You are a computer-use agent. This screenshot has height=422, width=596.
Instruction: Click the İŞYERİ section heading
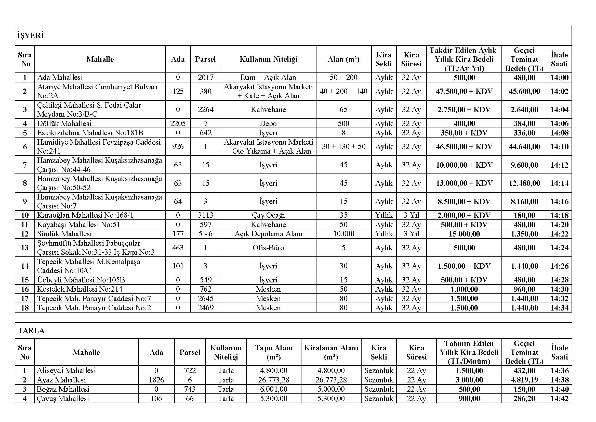pos(30,35)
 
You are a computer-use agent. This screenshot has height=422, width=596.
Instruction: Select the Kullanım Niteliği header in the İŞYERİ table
pos(268,59)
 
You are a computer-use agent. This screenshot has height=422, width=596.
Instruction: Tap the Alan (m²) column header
pos(343,59)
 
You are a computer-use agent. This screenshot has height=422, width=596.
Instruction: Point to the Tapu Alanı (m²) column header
pos(273,352)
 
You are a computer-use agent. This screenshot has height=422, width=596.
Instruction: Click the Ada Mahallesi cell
pos(60,78)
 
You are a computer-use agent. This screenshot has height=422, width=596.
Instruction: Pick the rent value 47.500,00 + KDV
pos(464,91)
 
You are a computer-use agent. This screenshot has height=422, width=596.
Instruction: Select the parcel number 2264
pos(205,109)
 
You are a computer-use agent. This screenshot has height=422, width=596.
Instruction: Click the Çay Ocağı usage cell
pos(268,215)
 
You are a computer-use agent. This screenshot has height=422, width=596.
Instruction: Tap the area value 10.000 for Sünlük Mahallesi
pos(343,234)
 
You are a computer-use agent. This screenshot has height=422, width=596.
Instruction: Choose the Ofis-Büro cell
pos(268,248)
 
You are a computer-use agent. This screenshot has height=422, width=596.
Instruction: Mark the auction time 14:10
pos(559,146)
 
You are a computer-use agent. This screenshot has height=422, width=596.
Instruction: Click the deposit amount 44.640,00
pos(524,146)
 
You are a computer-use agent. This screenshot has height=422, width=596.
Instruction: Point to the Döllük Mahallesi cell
pos(64,123)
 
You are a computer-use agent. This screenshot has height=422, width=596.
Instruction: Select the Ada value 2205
pos(178,123)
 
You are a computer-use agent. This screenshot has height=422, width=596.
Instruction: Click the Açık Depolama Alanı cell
pos(268,234)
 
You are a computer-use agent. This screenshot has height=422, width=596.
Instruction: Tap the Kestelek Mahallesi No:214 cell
pos(80,289)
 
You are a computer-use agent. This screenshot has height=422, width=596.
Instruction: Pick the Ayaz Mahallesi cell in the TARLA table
pos(61,380)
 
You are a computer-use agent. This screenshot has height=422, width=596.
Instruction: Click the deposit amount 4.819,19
pos(524,380)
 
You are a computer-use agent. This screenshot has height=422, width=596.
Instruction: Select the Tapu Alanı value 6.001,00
pos(273,389)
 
